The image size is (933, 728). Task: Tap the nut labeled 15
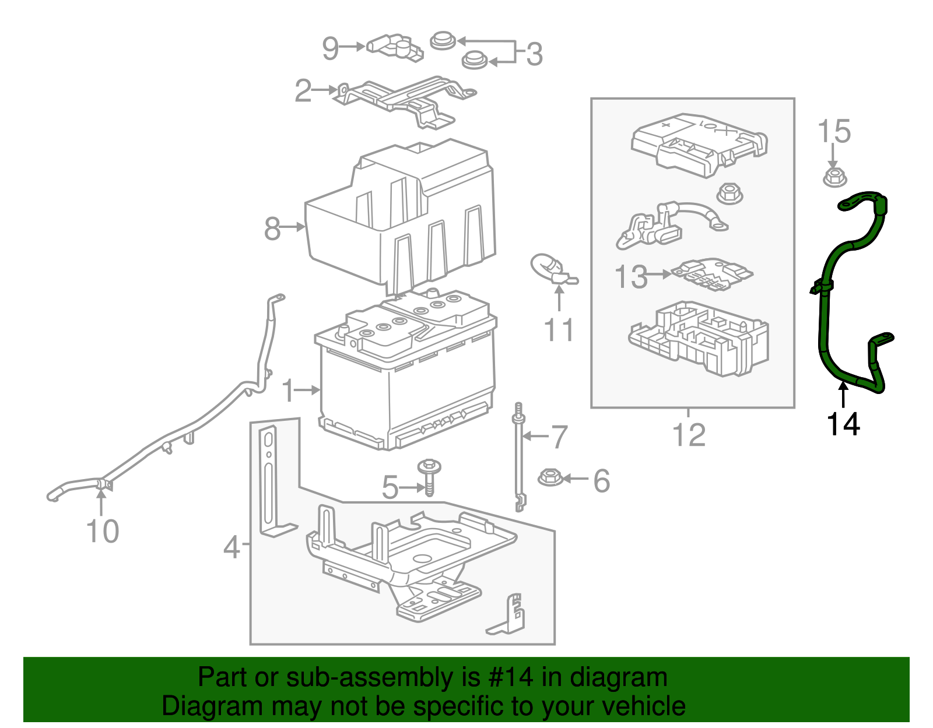click(x=834, y=177)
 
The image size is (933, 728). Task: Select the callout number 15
click(x=834, y=132)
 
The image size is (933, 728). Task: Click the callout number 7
click(x=559, y=437)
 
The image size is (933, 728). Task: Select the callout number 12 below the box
click(x=689, y=435)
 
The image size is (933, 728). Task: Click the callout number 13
click(x=631, y=277)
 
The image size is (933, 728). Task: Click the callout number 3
click(x=534, y=54)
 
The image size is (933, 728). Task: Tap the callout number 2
click(x=303, y=91)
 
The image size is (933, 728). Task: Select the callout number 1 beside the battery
click(x=288, y=391)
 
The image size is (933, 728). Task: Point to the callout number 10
click(x=103, y=532)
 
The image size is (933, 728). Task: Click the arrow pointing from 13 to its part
click(x=659, y=274)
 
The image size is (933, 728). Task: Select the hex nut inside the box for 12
click(x=729, y=194)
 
